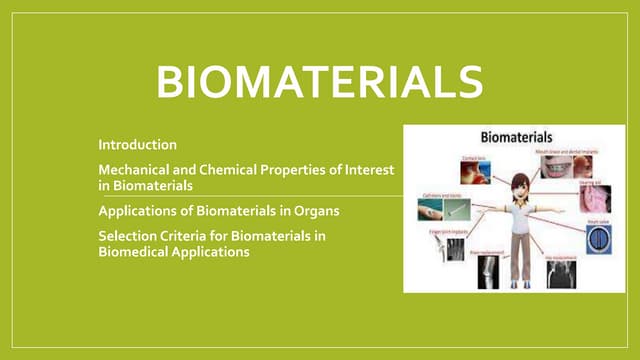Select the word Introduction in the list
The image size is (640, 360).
tap(137, 145)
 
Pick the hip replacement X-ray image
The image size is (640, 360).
tap(559, 271)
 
